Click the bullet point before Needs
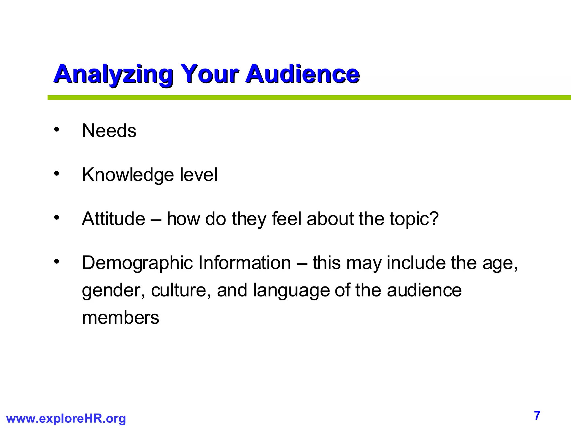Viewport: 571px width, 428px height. pos(57,130)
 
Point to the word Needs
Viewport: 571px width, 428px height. pos(109,131)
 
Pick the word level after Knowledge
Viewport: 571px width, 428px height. pos(199,175)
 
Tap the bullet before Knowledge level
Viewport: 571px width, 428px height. pos(57,174)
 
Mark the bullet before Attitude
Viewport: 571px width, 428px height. pos(57,217)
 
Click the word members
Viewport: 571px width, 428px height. pos(120,318)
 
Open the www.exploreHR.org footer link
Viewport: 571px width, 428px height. pos(66,419)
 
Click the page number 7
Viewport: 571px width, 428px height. pos(537,415)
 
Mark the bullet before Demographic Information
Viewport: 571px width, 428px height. pos(57,261)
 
